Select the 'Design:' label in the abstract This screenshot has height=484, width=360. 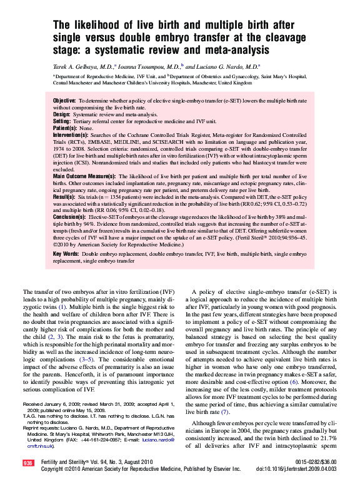62,114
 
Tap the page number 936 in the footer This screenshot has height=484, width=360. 27,463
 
